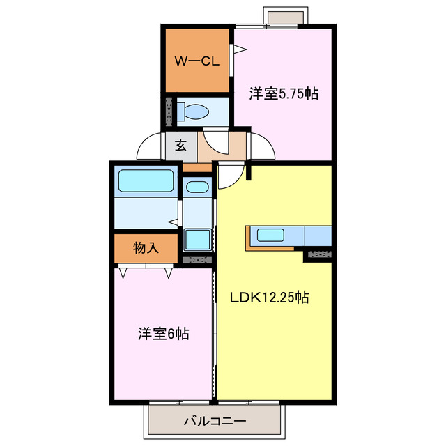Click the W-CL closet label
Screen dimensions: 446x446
point(197,61)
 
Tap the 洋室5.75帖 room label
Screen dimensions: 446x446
point(284,93)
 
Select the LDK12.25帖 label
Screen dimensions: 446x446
point(270,298)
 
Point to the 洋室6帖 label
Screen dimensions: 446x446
point(162,334)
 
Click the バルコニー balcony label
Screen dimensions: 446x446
point(215,421)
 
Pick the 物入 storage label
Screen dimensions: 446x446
point(146,247)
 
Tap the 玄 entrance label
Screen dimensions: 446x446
point(180,146)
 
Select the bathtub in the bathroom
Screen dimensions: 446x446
point(146,181)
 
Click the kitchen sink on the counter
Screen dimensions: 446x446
point(270,235)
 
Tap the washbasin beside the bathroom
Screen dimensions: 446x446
point(197,187)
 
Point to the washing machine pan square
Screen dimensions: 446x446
point(197,239)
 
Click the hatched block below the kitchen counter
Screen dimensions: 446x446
point(318,254)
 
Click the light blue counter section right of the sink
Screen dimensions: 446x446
point(317,236)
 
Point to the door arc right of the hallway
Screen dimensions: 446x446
point(263,146)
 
